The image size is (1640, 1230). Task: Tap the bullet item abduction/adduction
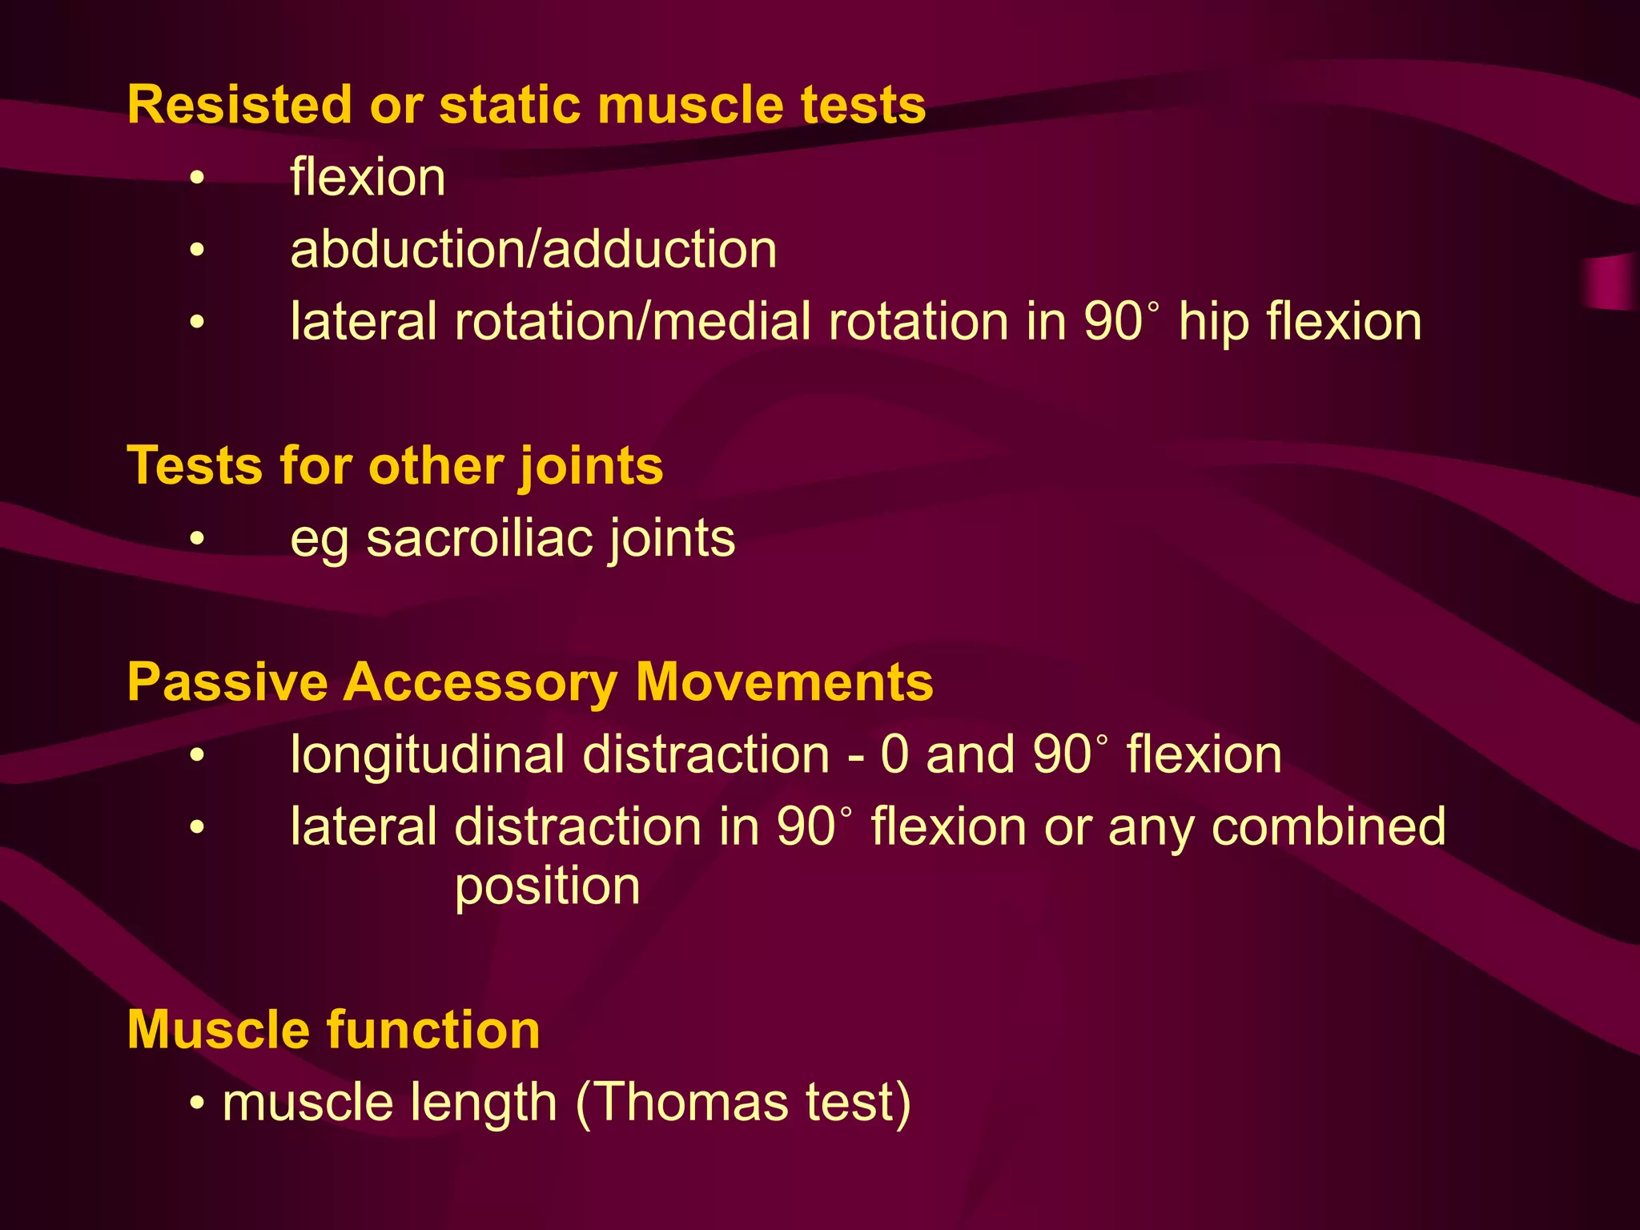pos(533,249)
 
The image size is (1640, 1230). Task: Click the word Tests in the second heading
pos(195,465)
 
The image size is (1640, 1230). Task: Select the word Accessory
pos(480,682)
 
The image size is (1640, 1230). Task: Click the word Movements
pos(784,682)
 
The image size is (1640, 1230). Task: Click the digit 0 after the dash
pos(894,755)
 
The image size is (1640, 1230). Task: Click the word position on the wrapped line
pos(547,887)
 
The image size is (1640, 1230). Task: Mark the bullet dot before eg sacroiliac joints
pos(198,539)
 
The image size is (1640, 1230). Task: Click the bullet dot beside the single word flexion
pos(198,178)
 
